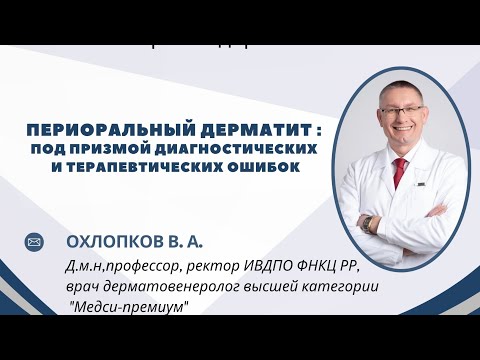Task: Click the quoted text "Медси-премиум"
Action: (127, 307)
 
